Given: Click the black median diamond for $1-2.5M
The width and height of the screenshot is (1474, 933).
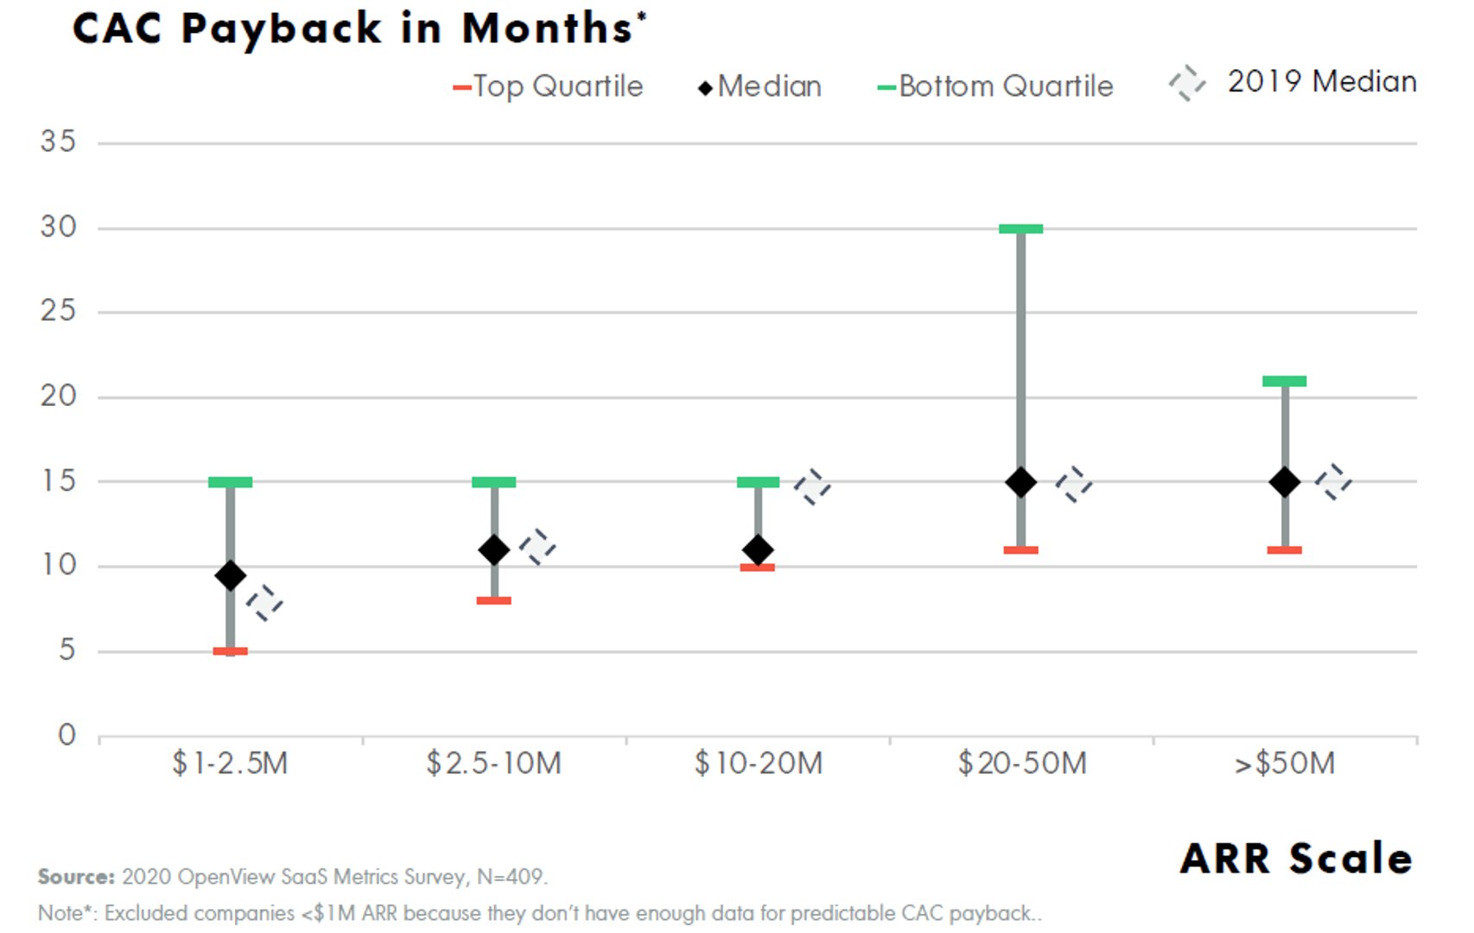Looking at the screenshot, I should [230, 575].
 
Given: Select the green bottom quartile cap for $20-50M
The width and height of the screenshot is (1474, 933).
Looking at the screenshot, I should [1020, 229].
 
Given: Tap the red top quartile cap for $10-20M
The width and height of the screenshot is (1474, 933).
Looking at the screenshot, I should [758, 568].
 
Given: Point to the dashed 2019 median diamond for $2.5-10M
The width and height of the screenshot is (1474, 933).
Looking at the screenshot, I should [537, 547].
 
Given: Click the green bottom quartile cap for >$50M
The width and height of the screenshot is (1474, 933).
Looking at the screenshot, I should [1284, 381].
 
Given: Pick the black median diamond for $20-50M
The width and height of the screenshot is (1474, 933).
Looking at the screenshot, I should [1020, 482].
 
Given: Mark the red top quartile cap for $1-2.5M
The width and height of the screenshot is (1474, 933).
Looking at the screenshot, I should [230, 651].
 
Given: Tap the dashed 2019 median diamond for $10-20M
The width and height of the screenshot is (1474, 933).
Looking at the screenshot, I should [812, 487].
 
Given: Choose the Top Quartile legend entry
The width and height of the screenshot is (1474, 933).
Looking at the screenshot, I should [548, 86].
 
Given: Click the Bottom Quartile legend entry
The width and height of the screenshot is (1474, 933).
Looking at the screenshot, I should [995, 86].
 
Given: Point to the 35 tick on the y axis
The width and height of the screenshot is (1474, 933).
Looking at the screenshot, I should [58, 142].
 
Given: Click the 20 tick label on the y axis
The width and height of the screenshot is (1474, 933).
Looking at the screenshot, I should [58, 397].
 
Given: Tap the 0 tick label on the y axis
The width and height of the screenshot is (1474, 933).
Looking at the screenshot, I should [67, 735].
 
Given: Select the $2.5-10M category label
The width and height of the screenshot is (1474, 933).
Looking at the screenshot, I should [493, 764].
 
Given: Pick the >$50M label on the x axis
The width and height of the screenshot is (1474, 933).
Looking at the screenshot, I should [1284, 764].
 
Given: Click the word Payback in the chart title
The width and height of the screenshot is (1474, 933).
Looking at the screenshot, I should [282, 29].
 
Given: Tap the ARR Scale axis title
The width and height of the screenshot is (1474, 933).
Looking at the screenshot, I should [1296, 859].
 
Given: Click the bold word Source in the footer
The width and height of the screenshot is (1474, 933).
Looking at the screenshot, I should [76, 877].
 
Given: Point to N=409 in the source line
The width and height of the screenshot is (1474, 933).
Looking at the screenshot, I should [511, 877].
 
